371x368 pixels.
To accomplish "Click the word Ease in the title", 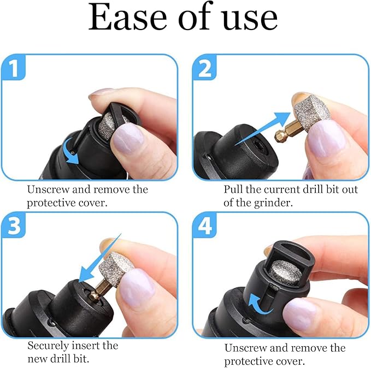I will click(123, 19).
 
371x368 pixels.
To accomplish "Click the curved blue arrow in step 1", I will click(72, 150).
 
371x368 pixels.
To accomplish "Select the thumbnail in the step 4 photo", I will click(299, 314).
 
